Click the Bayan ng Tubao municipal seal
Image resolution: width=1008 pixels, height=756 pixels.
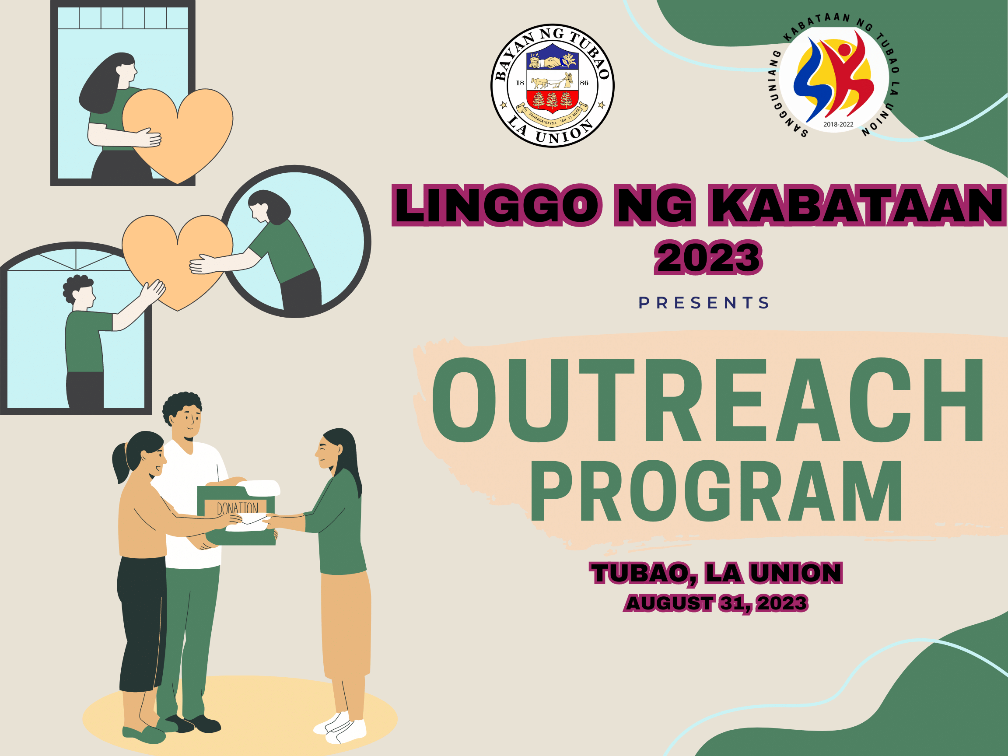(552, 86)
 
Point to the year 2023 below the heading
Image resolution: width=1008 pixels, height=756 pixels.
(709, 257)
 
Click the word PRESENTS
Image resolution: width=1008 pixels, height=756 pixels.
(704, 303)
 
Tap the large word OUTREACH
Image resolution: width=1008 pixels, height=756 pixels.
(707, 401)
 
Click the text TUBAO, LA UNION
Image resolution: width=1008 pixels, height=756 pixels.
(716, 573)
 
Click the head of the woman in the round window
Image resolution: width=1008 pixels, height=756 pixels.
(269, 207)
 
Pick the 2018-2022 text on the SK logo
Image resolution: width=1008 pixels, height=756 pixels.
(839, 124)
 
